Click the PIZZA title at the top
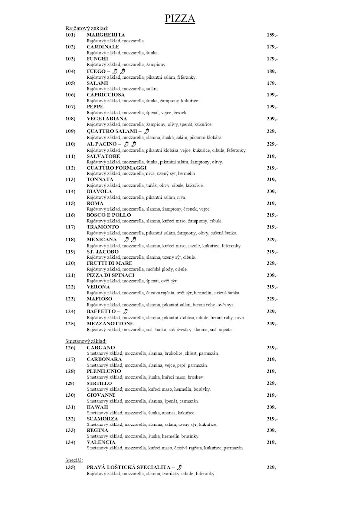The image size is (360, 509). [x=180, y=19]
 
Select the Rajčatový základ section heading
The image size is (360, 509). [x=87, y=29]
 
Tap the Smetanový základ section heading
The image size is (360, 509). [x=86, y=342]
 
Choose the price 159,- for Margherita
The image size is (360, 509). [x=272, y=35]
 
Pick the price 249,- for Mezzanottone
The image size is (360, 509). [x=272, y=324]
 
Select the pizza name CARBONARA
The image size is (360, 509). [x=105, y=359]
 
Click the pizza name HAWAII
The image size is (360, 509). [x=97, y=407]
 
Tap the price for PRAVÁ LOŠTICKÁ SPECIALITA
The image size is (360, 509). [x=272, y=468]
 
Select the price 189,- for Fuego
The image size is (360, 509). [x=272, y=71]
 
